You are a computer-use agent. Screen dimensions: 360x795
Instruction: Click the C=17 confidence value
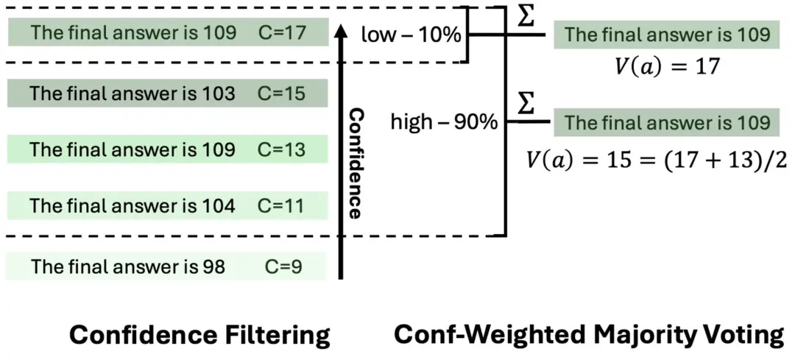[283, 33]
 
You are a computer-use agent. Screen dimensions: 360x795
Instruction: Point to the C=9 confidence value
[283, 266]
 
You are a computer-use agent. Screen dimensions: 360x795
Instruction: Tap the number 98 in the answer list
[211, 266]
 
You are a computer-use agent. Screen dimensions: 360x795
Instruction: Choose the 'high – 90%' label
[444, 121]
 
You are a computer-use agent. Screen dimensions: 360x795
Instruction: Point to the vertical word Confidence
[355, 164]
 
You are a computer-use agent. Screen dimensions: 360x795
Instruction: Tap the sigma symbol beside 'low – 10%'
[525, 18]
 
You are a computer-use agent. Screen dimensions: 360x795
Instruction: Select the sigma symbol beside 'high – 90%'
[525, 105]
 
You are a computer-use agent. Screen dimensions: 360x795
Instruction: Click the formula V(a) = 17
[666, 67]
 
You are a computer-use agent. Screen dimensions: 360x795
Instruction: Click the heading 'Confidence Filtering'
[199, 336]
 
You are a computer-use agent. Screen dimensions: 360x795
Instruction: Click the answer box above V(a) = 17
[666, 35]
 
